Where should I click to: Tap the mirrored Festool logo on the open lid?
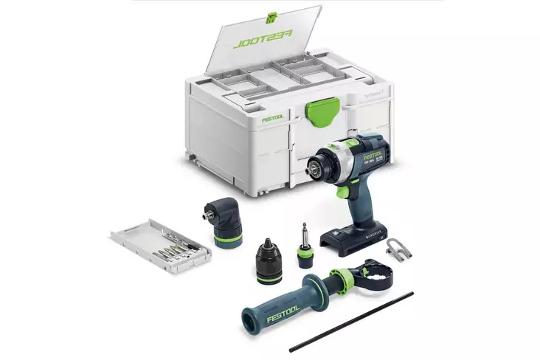262,39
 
